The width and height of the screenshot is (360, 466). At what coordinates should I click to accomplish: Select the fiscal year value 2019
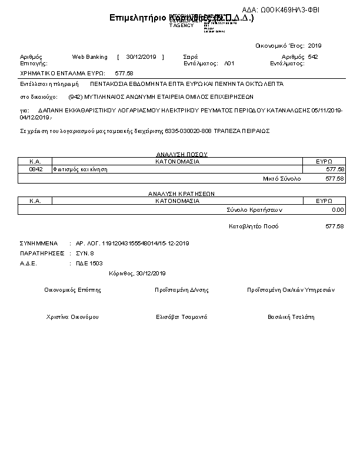(315, 45)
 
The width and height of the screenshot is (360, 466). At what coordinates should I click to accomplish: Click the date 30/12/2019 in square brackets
(141, 57)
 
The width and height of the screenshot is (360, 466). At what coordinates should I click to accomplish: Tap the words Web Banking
(89, 57)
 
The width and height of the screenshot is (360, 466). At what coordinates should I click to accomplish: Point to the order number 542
(313, 57)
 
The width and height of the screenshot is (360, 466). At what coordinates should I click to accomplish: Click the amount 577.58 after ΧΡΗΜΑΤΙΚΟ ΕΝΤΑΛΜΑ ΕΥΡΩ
(124, 73)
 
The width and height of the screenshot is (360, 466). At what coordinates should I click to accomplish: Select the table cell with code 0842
(35, 169)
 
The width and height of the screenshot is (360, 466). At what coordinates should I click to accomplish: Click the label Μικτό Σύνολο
(282, 178)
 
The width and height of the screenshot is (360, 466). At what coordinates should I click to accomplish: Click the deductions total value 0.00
(338, 209)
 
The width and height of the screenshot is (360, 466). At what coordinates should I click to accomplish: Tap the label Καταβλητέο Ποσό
(254, 227)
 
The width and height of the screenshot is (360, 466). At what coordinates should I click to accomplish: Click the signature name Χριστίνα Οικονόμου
(72, 317)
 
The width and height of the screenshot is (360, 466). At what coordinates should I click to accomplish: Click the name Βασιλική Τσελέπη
(291, 317)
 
